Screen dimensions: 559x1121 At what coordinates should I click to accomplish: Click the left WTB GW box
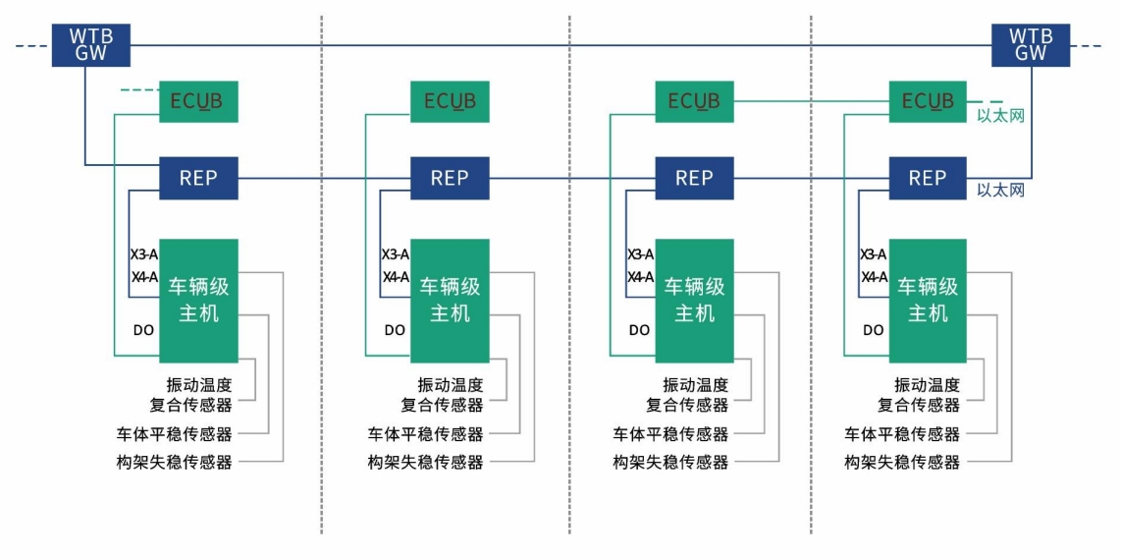(91, 45)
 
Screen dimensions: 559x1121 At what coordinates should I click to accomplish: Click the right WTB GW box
(1031, 45)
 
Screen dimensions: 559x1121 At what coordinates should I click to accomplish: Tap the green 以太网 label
(1000, 116)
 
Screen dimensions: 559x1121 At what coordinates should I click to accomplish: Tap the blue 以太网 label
(1000, 190)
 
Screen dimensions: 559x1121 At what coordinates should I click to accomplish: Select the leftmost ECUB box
(198, 102)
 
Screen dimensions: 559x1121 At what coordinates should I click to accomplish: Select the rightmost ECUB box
(927, 102)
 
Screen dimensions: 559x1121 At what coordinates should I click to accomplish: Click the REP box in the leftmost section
(198, 179)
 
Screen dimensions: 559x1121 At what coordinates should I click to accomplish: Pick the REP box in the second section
(450, 179)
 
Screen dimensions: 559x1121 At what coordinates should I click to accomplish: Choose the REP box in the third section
(694, 179)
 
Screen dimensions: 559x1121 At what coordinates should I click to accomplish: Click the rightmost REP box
(927, 179)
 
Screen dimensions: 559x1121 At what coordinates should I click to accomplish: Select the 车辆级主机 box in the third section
(694, 301)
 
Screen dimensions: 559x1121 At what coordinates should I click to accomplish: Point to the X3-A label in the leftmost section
(144, 254)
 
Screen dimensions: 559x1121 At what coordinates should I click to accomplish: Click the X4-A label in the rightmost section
(874, 277)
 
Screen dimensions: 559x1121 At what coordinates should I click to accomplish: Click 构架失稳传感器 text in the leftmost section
(174, 462)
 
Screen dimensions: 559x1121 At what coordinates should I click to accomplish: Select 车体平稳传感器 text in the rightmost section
(902, 433)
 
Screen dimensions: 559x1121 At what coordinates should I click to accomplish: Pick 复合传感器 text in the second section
(442, 405)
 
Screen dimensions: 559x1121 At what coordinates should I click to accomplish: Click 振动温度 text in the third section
(695, 384)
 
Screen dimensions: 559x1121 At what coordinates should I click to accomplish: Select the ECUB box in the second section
(450, 102)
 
